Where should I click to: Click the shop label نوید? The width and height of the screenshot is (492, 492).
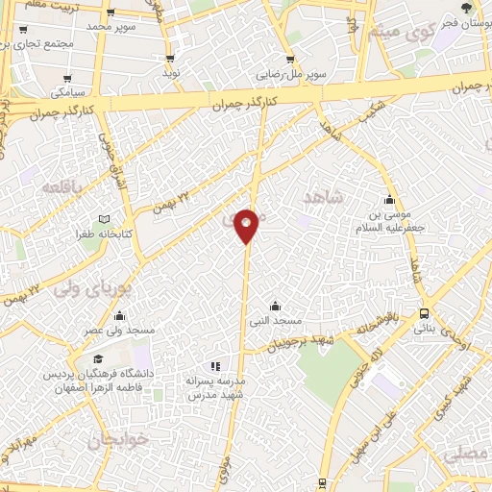[x=170, y=73]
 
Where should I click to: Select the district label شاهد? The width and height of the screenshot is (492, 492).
[x=323, y=197]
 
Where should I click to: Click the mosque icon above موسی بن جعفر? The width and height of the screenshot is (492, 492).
[x=388, y=200]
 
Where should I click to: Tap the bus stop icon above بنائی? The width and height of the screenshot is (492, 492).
[x=424, y=312]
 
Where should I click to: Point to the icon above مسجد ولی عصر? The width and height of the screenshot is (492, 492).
[x=119, y=315]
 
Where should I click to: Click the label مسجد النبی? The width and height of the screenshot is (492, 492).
[x=276, y=319]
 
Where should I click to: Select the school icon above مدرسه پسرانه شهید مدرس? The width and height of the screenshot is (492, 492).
[x=214, y=365]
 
